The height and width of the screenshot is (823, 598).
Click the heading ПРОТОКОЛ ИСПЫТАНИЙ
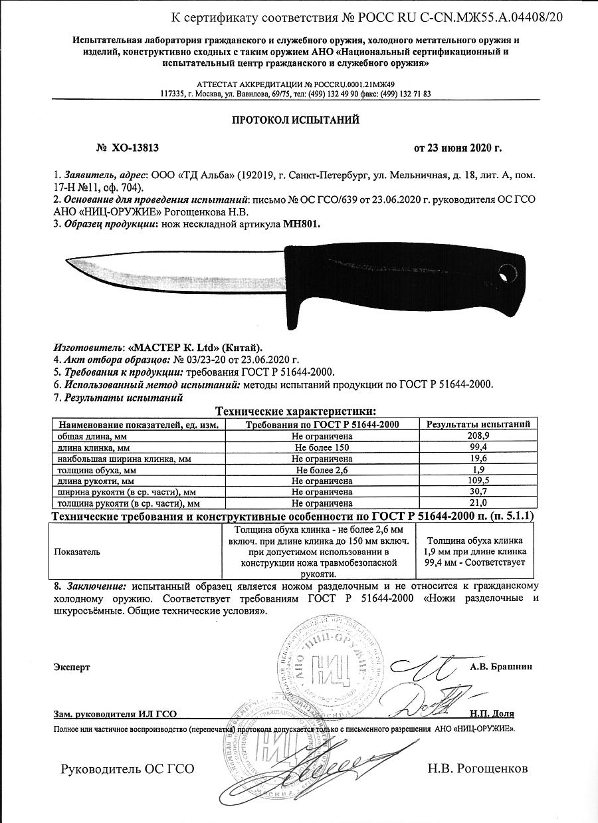295,120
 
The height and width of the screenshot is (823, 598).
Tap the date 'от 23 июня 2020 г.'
458,148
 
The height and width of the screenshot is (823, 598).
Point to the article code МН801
302,225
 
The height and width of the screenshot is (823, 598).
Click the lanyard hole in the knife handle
507,272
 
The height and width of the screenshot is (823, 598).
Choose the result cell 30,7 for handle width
478,492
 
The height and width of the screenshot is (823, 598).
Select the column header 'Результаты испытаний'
478,424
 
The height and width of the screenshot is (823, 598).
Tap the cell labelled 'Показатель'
77,552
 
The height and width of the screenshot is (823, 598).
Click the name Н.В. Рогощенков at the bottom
478,768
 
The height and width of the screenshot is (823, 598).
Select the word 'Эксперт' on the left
72,666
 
